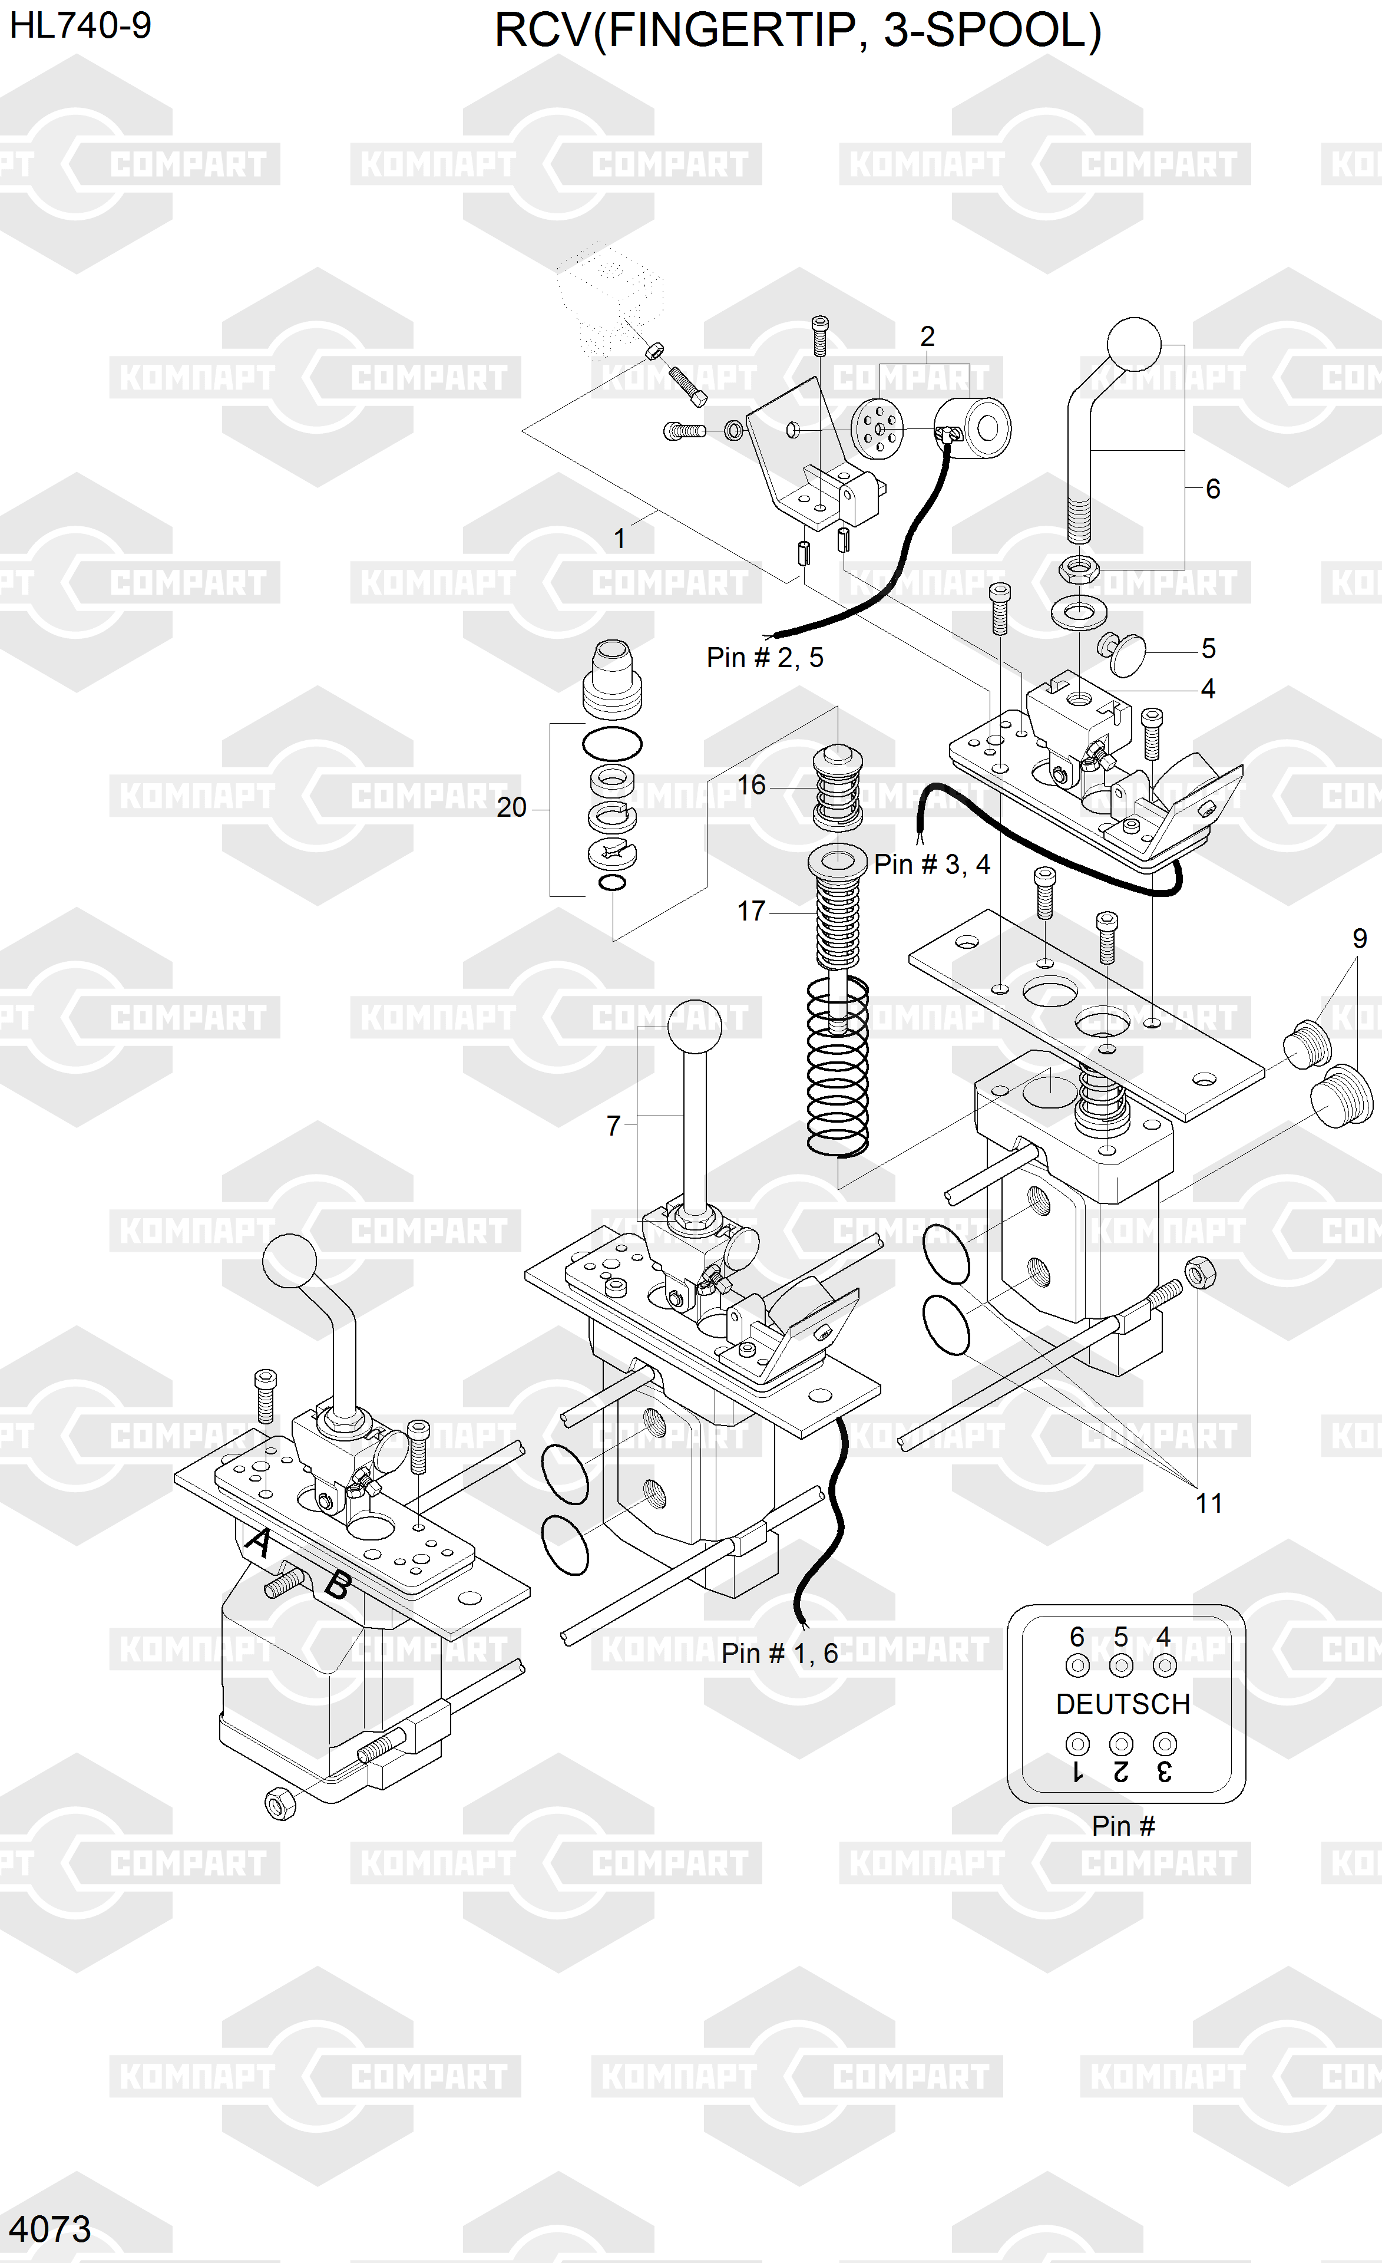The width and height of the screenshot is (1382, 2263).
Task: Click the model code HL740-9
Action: [x=80, y=26]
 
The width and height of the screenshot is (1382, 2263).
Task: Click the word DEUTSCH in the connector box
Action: [x=1122, y=1704]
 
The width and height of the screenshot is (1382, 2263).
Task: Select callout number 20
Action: [x=511, y=807]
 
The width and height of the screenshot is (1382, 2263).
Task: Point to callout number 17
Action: [x=750, y=911]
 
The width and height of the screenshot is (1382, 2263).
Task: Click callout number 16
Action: [x=750, y=785]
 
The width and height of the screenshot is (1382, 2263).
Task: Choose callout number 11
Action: [x=1208, y=1503]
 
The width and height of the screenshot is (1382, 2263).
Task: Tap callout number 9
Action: [x=1359, y=939]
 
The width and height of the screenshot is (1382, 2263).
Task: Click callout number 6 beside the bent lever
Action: [x=1212, y=489]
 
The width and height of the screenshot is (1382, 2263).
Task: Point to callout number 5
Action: [x=1208, y=648]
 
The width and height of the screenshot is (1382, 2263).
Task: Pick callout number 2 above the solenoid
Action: [x=927, y=337]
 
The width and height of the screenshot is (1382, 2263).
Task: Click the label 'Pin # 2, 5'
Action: [x=764, y=658]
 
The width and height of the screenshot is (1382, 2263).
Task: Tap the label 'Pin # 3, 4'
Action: [x=931, y=864]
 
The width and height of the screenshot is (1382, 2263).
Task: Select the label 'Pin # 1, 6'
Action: [x=779, y=1653]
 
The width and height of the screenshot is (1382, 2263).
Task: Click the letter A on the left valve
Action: [x=258, y=1542]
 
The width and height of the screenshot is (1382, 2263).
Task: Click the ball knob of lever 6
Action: [x=1134, y=345]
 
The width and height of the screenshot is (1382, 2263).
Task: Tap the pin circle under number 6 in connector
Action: [x=1077, y=1665]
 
